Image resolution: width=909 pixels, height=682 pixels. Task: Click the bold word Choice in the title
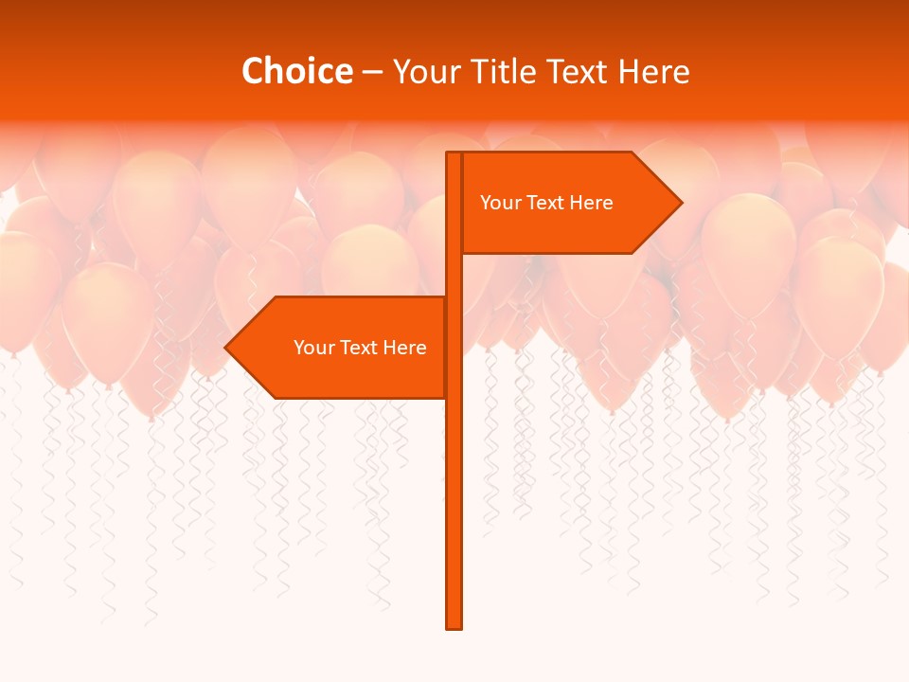coord(296,71)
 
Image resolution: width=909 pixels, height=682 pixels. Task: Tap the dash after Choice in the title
coord(372,72)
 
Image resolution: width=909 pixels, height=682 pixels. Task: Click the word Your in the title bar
coord(422,71)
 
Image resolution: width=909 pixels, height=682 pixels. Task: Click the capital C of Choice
coord(255,71)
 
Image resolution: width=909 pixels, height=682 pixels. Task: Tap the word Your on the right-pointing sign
coord(500,203)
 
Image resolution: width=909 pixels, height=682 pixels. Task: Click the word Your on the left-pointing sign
coord(313,348)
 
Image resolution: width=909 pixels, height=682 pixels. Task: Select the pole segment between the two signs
coord(454,275)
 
